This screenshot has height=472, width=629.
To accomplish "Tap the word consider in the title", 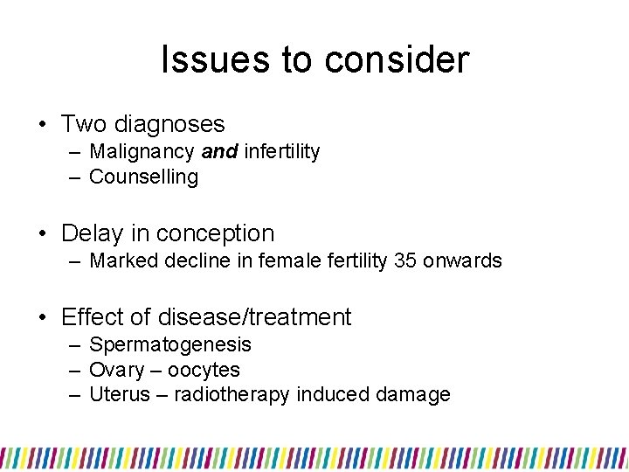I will [397, 60].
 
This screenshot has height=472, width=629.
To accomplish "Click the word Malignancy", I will [142, 152].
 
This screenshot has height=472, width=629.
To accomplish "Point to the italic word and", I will [219, 152].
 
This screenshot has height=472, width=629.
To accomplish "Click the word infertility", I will [282, 152].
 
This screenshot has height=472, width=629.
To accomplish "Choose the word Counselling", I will [144, 177].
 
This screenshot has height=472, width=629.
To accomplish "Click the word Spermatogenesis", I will [170, 344].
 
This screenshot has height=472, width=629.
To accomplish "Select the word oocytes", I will [204, 370].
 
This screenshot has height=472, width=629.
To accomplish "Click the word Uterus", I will [118, 395].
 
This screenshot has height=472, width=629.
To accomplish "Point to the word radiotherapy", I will [232, 395].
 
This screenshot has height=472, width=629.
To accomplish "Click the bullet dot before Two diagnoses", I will [42, 125].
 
